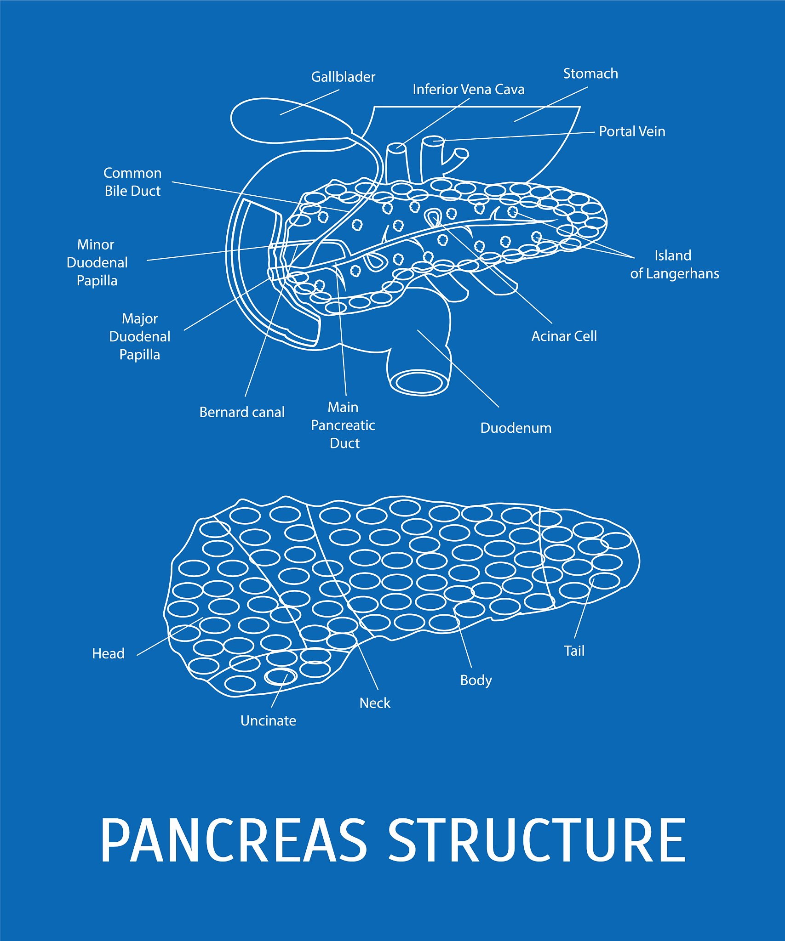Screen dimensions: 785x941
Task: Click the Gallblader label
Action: (343, 77)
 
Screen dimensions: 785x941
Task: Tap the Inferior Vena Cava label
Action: (468, 89)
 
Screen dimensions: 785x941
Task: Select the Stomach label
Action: (590, 74)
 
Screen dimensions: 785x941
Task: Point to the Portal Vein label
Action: (632, 131)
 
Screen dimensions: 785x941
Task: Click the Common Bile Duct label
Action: (132, 182)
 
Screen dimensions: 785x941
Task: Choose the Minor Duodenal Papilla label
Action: (97, 262)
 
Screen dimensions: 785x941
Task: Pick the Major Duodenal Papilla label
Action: (140, 336)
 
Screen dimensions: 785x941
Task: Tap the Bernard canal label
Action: (242, 412)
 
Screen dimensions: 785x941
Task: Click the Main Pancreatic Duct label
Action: (343, 425)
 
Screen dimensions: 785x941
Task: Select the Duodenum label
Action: (516, 428)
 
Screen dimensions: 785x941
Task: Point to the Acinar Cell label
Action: (564, 336)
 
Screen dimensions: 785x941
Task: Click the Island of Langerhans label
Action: (675, 265)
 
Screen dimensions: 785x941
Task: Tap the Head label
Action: (108, 653)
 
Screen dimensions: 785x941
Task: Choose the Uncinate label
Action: (268, 720)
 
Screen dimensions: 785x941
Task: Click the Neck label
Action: (375, 703)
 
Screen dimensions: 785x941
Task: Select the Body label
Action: (476, 680)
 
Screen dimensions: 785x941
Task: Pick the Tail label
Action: (574, 651)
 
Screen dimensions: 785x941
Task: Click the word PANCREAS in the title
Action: (234, 840)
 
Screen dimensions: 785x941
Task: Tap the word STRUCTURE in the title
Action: (537, 840)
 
